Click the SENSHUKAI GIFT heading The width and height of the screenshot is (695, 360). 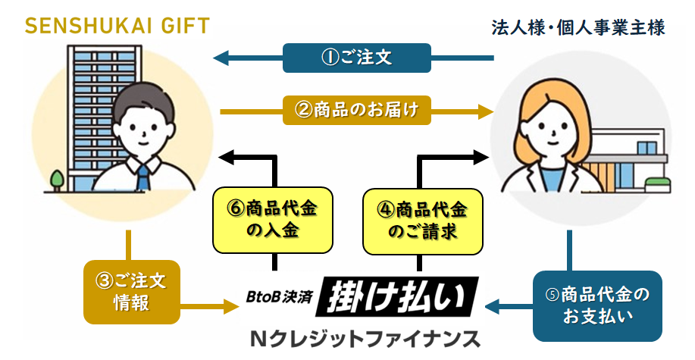coord(117,27)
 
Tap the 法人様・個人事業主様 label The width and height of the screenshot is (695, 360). coord(578,27)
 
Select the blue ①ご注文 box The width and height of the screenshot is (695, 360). coord(357,58)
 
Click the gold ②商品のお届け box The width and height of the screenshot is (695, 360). coord(357,110)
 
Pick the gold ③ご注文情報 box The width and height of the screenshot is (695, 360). coord(132,292)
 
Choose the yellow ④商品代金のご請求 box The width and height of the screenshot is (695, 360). coord(422,221)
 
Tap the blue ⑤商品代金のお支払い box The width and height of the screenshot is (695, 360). coord(597,306)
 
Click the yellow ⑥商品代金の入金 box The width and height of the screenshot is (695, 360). coord(273,220)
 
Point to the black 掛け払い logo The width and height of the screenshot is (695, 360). coord(397,296)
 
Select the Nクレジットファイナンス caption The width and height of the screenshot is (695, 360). coord(365,340)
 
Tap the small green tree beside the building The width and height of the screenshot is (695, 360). coord(57,180)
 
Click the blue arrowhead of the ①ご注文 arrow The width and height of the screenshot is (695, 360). coord(221,58)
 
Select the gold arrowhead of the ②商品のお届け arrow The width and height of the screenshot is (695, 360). coord(487,111)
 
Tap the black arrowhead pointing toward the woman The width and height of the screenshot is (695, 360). coord(481,157)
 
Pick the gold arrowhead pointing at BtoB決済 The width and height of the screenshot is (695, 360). coord(231,305)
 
